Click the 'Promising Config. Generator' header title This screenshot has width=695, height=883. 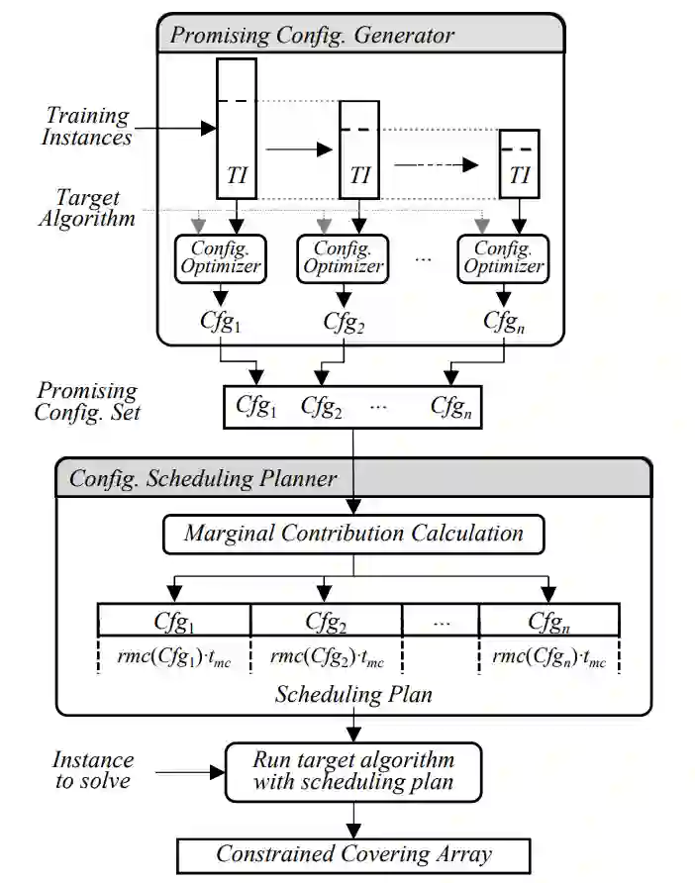313,36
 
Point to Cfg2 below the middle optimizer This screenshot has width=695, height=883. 344,321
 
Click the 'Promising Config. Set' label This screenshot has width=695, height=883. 86,401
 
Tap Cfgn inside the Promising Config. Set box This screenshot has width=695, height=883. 450,406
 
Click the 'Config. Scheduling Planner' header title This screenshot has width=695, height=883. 202,479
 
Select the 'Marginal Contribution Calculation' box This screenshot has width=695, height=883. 353,534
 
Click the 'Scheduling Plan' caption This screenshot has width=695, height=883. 353,694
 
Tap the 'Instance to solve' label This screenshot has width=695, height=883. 93,770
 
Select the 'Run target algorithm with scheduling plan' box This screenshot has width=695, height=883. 353,770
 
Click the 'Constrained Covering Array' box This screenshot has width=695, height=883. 353,854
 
